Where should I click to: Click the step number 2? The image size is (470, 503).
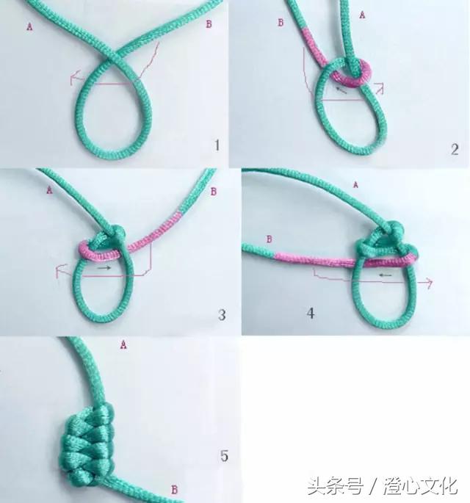(455, 149)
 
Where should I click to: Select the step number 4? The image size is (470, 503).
(311, 314)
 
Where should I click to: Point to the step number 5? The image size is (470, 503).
(223, 456)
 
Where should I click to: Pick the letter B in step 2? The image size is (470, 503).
(280, 23)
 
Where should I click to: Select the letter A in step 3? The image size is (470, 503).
(49, 189)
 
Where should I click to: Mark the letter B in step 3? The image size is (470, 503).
(214, 192)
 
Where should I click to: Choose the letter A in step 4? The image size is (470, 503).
(356, 184)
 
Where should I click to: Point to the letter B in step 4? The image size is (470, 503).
(269, 239)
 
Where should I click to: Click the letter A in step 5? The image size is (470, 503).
(123, 343)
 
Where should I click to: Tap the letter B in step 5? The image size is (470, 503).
(173, 489)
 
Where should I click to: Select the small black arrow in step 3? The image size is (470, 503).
(105, 268)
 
